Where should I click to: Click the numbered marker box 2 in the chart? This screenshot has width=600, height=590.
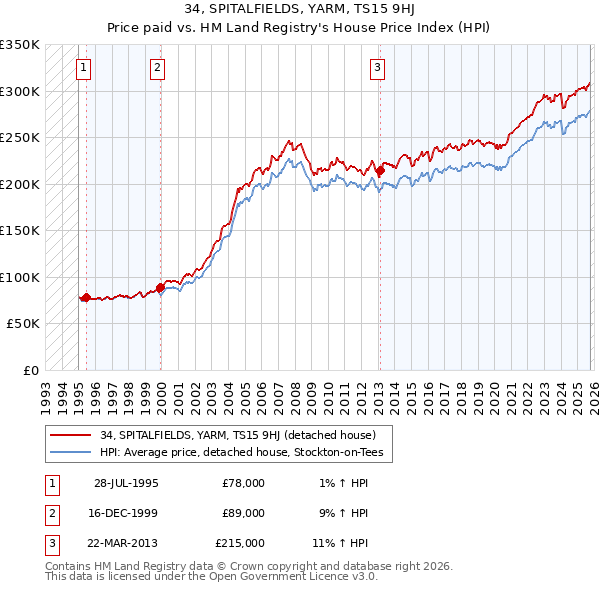[158, 68]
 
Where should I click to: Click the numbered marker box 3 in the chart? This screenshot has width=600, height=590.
[377, 68]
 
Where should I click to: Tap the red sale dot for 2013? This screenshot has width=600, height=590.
[380, 171]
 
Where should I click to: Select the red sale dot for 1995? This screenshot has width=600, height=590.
[86, 297]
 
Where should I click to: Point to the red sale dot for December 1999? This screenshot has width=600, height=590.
[160, 287]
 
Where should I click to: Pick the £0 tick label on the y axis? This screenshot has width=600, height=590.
[30, 370]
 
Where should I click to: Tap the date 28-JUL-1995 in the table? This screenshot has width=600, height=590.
[126, 483]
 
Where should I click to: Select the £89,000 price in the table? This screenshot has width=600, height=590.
[243, 513]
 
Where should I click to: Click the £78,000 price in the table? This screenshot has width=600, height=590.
[243, 483]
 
